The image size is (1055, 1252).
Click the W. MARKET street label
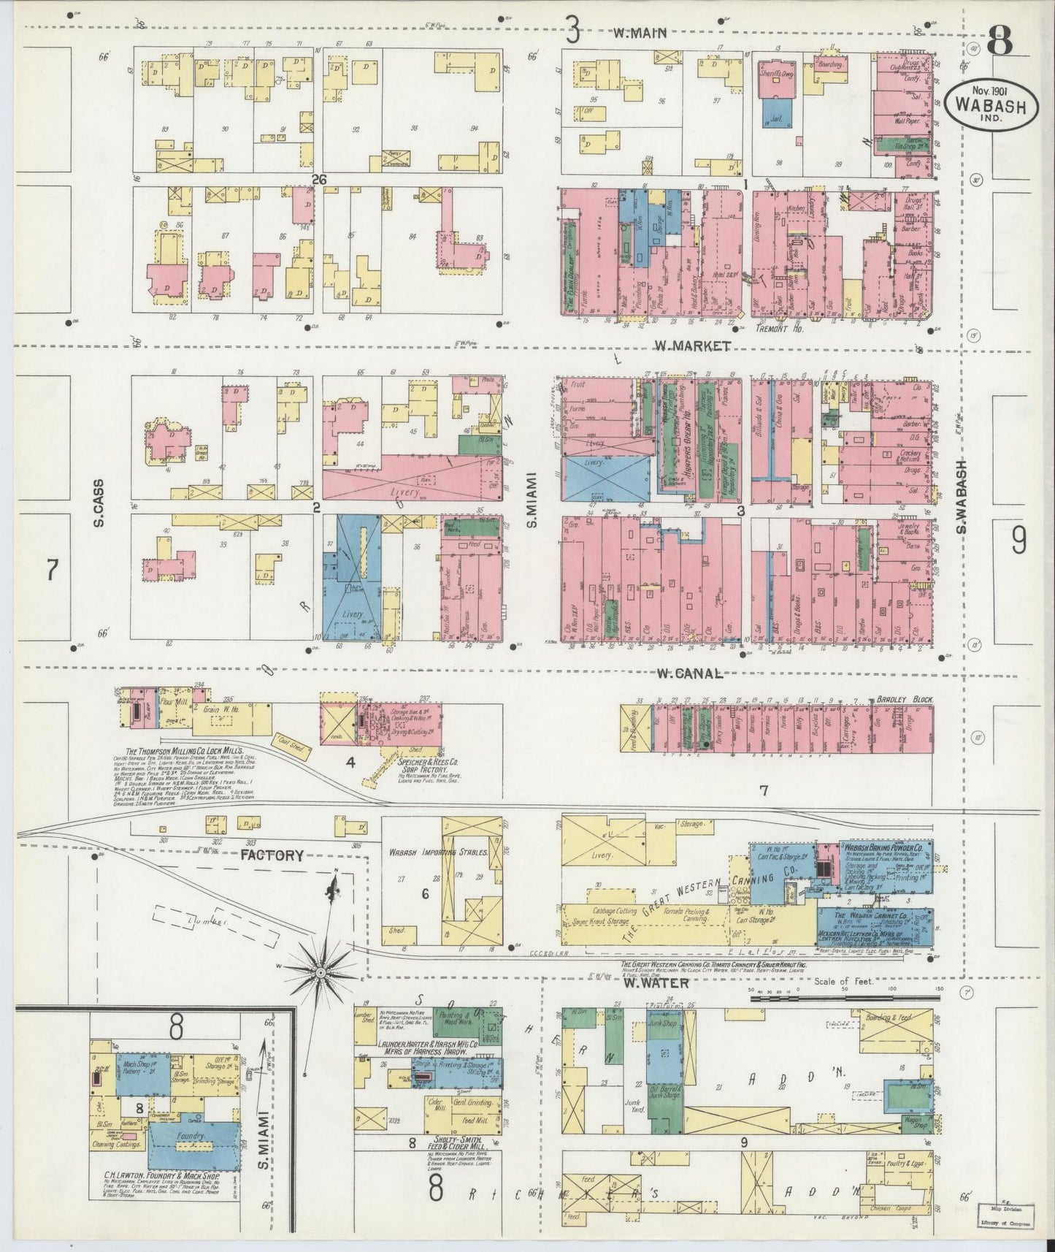pyautogui.click(x=691, y=346)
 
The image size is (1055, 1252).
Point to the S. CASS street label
pyautogui.click(x=99, y=503)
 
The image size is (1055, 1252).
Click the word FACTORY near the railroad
pyautogui.click(x=272, y=855)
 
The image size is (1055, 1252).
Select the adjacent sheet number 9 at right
pyautogui.click(x=1018, y=541)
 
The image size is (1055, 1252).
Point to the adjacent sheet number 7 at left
pyautogui.click(x=51, y=569)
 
